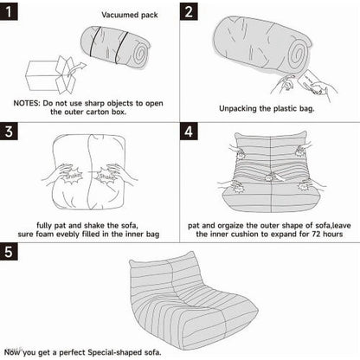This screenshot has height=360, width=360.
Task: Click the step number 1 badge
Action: click(9, 11)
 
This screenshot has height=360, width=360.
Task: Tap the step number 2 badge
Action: click(189, 11)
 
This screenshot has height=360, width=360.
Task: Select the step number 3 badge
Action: click(9, 132)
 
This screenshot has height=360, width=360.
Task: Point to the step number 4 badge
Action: click(189, 132)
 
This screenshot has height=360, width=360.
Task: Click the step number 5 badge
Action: click(9, 252)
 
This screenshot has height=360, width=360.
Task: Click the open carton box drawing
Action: click(50, 74)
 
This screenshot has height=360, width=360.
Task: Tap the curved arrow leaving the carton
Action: click(77, 68)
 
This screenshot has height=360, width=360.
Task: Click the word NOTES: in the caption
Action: click(27, 103)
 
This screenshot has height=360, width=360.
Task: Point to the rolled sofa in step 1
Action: click(116, 48)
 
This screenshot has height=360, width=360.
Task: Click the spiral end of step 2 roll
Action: click(298, 55)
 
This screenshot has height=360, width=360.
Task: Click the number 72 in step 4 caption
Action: click(317, 234)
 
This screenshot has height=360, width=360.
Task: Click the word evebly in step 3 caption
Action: click(67, 234)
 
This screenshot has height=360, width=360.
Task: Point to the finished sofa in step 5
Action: click(194, 301)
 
